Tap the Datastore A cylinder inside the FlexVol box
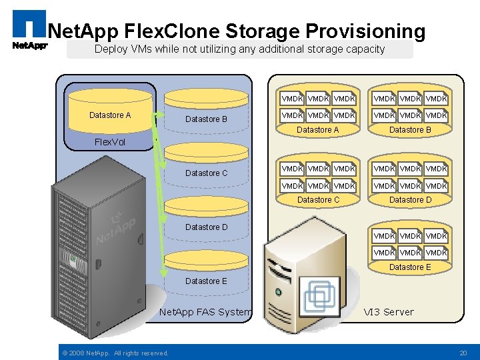(x=110, y=115)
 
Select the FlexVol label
(x=110, y=142)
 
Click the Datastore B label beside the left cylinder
(x=206, y=119)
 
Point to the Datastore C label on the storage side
(x=206, y=173)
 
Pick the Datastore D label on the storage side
(x=206, y=227)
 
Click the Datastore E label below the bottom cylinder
(x=206, y=281)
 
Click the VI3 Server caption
(x=389, y=312)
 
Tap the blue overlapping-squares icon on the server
(x=319, y=296)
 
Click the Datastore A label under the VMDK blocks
(x=318, y=130)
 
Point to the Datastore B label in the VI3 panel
(x=410, y=130)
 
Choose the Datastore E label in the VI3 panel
(x=410, y=267)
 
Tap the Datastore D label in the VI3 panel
(x=410, y=200)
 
